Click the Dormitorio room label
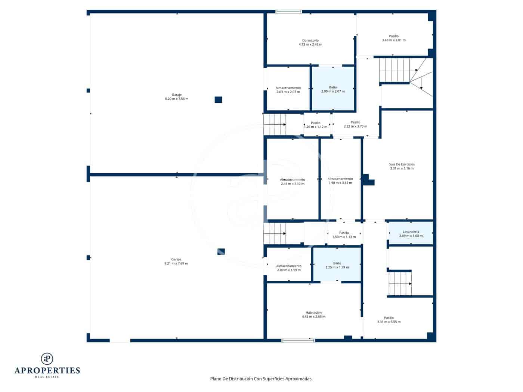[x=310, y=40]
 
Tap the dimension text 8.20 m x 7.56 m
[x=176, y=99]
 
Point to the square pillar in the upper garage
[x=218, y=100]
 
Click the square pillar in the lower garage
[x=221, y=252]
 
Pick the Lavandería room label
[x=411, y=232]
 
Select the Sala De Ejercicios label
[x=402, y=164]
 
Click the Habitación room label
[x=313, y=312]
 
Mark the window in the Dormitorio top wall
[x=288, y=12]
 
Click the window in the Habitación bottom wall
[x=298, y=340]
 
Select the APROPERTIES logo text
[x=47, y=370]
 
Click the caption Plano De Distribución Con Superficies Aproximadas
[x=261, y=379]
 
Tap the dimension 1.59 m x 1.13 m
[x=344, y=237]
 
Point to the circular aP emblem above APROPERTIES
[x=47, y=358]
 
